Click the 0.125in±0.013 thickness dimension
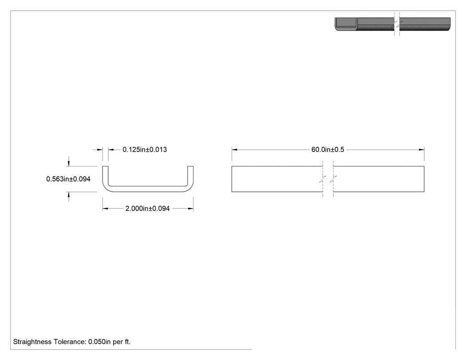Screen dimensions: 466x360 pyautogui.click(x=145, y=150)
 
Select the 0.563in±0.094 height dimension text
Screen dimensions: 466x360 pyautogui.click(x=68, y=179)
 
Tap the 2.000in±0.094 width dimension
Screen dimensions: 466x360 pyautogui.click(x=147, y=209)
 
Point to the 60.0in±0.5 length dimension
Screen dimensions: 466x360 pyautogui.click(x=328, y=150)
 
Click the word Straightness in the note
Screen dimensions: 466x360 pyautogui.click(x=32, y=342)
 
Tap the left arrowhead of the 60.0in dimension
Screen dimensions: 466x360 pyautogui.click(x=234, y=150)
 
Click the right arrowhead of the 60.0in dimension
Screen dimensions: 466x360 pyautogui.click(x=422, y=150)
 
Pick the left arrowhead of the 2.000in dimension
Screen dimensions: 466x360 pyautogui.click(x=106, y=209)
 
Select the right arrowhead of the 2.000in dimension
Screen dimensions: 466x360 pyautogui.click(x=190, y=209)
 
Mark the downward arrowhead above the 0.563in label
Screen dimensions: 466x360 pyautogui.click(x=69, y=163)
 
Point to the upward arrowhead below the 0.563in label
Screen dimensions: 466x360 pyautogui.click(x=69, y=195)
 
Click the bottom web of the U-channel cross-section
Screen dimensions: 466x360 pyautogui.click(x=148, y=189)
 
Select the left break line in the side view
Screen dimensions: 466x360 pyautogui.click(x=323, y=179)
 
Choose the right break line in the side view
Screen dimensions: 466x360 pyautogui.click(x=333, y=179)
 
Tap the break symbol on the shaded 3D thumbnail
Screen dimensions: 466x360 pyautogui.click(x=397, y=24)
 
